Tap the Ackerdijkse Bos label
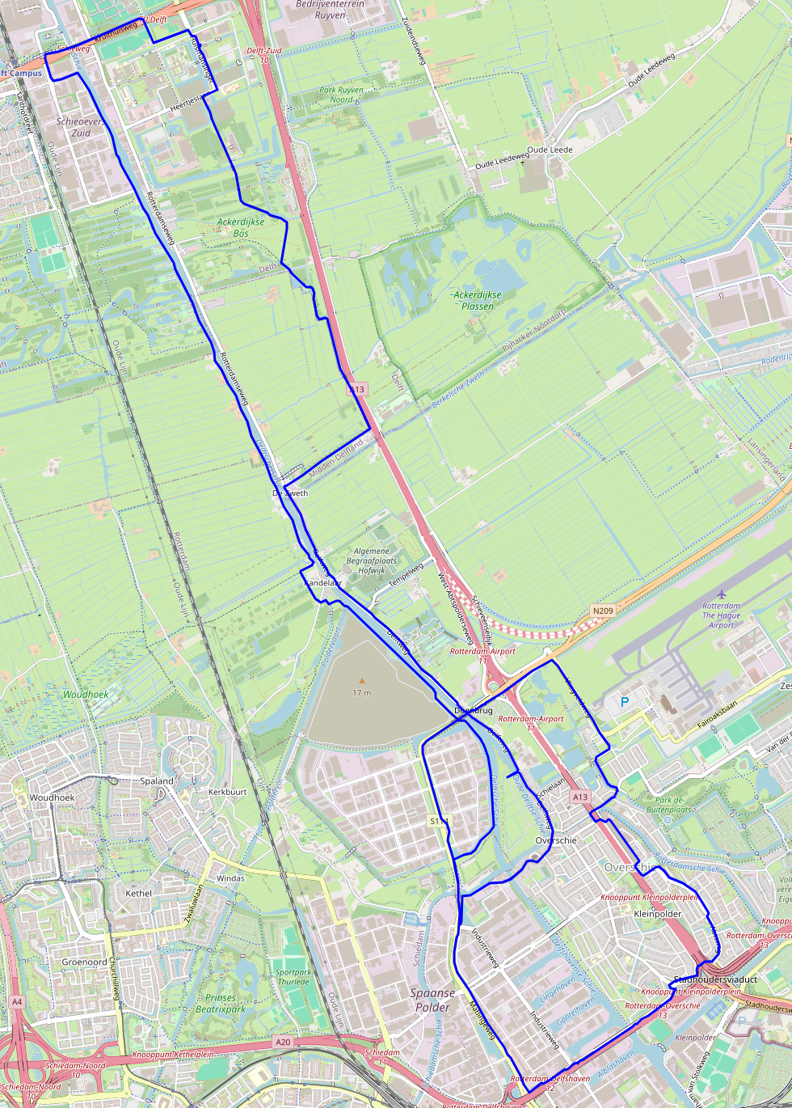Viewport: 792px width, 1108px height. (240, 227)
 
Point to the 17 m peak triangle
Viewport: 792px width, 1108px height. (361, 681)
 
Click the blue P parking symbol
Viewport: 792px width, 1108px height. (624, 702)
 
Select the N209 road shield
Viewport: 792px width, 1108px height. (601, 611)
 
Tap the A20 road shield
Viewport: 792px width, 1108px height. (283, 1042)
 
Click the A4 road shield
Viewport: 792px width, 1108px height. (17, 1002)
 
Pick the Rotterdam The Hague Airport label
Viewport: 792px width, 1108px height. (721, 615)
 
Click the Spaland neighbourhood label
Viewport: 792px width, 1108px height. (157, 781)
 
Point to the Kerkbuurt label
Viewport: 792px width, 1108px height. (227, 792)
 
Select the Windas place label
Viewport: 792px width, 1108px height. (230, 878)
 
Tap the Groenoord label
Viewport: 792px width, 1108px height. (84, 962)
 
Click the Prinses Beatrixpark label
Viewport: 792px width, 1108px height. (221, 1004)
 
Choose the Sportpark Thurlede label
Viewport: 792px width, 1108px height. (293, 977)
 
